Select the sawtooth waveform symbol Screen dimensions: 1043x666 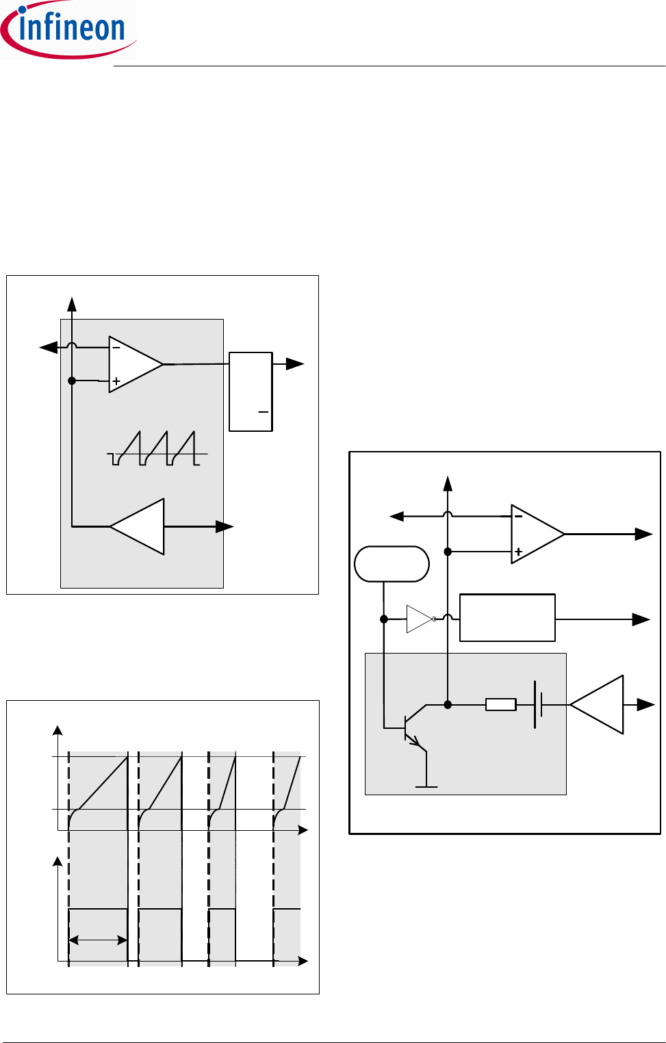(x=157, y=449)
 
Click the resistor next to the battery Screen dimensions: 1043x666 (x=500, y=704)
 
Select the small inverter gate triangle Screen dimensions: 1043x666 (x=419, y=619)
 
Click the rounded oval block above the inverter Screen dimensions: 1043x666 (x=392, y=564)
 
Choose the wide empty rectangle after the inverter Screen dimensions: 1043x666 (x=507, y=618)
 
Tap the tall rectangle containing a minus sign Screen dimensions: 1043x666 (x=251, y=391)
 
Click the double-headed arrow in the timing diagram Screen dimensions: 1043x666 (x=98, y=941)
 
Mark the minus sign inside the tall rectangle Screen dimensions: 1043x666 (x=263, y=412)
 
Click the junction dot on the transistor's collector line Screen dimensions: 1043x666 (x=448, y=704)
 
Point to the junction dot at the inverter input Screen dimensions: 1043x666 (x=384, y=619)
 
